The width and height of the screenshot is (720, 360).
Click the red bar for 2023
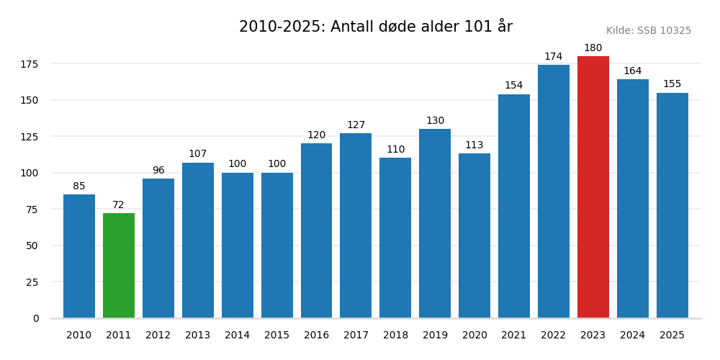coord(593,187)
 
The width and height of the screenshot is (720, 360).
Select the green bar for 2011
coord(119,266)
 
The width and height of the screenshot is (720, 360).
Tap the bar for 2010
coord(79,256)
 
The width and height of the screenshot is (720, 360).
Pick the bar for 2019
coord(435,223)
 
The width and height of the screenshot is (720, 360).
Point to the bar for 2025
coord(672,205)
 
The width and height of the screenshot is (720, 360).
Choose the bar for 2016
coord(316,230)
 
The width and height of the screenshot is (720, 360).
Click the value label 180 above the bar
coord(593,48)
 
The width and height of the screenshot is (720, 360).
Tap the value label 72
coord(118,205)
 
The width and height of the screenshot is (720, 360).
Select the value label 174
coord(553,57)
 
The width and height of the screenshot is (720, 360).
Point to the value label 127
coord(356,125)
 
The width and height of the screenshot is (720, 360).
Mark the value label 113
coord(474,145)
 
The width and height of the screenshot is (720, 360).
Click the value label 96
coord(158,171)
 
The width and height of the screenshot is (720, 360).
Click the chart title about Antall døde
coord(376,27)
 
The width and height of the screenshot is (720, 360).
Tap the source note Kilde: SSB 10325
coord(648,31)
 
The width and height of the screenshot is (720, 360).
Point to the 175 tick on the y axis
coord(30,64)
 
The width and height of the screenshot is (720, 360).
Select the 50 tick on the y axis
coord(32,246)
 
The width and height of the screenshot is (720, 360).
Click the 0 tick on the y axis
coord(36,318)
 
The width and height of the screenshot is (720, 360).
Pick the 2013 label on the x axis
coord(197,336)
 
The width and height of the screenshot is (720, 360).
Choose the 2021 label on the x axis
coord(513,336)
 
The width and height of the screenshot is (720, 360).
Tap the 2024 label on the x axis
coord(632,336)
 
